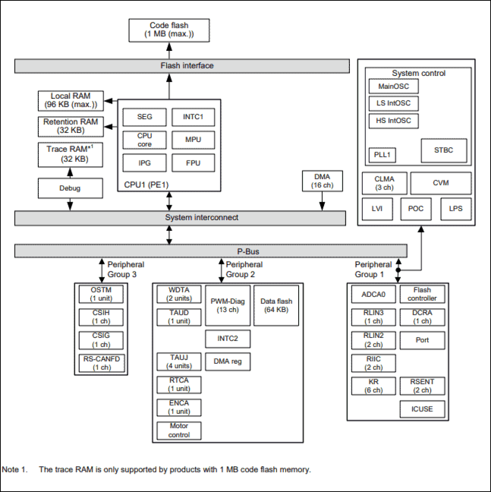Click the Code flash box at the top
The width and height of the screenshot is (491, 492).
[169, 30]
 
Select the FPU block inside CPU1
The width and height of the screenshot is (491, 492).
[193, 163]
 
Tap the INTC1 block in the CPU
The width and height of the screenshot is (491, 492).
[193, 117]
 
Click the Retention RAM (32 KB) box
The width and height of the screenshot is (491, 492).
[70, 126]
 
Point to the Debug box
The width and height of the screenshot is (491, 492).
[70, 189]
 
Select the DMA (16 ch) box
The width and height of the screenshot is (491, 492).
[322, 181]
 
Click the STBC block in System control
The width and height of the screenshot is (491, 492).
[444, 150]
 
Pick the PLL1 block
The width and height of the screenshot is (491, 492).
[382, 155]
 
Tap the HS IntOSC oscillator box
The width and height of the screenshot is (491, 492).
[393, 121]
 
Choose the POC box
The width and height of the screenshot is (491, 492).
[416, 209]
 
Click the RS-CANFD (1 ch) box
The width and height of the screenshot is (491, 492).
[101, 363]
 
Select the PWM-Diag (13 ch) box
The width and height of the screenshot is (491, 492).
[228, 305]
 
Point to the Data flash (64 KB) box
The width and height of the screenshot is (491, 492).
[276, 305]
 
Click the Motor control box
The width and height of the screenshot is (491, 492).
[179, 430]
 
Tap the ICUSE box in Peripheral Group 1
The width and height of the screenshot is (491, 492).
[422, 409]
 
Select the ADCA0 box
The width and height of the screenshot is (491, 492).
[373, 294]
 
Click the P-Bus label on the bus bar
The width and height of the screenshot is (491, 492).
[248, 251]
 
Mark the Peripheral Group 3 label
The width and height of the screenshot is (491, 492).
[125, 269]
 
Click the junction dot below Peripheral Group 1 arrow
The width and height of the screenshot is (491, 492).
[398, 270]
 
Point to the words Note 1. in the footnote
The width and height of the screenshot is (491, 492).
[15, 469]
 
